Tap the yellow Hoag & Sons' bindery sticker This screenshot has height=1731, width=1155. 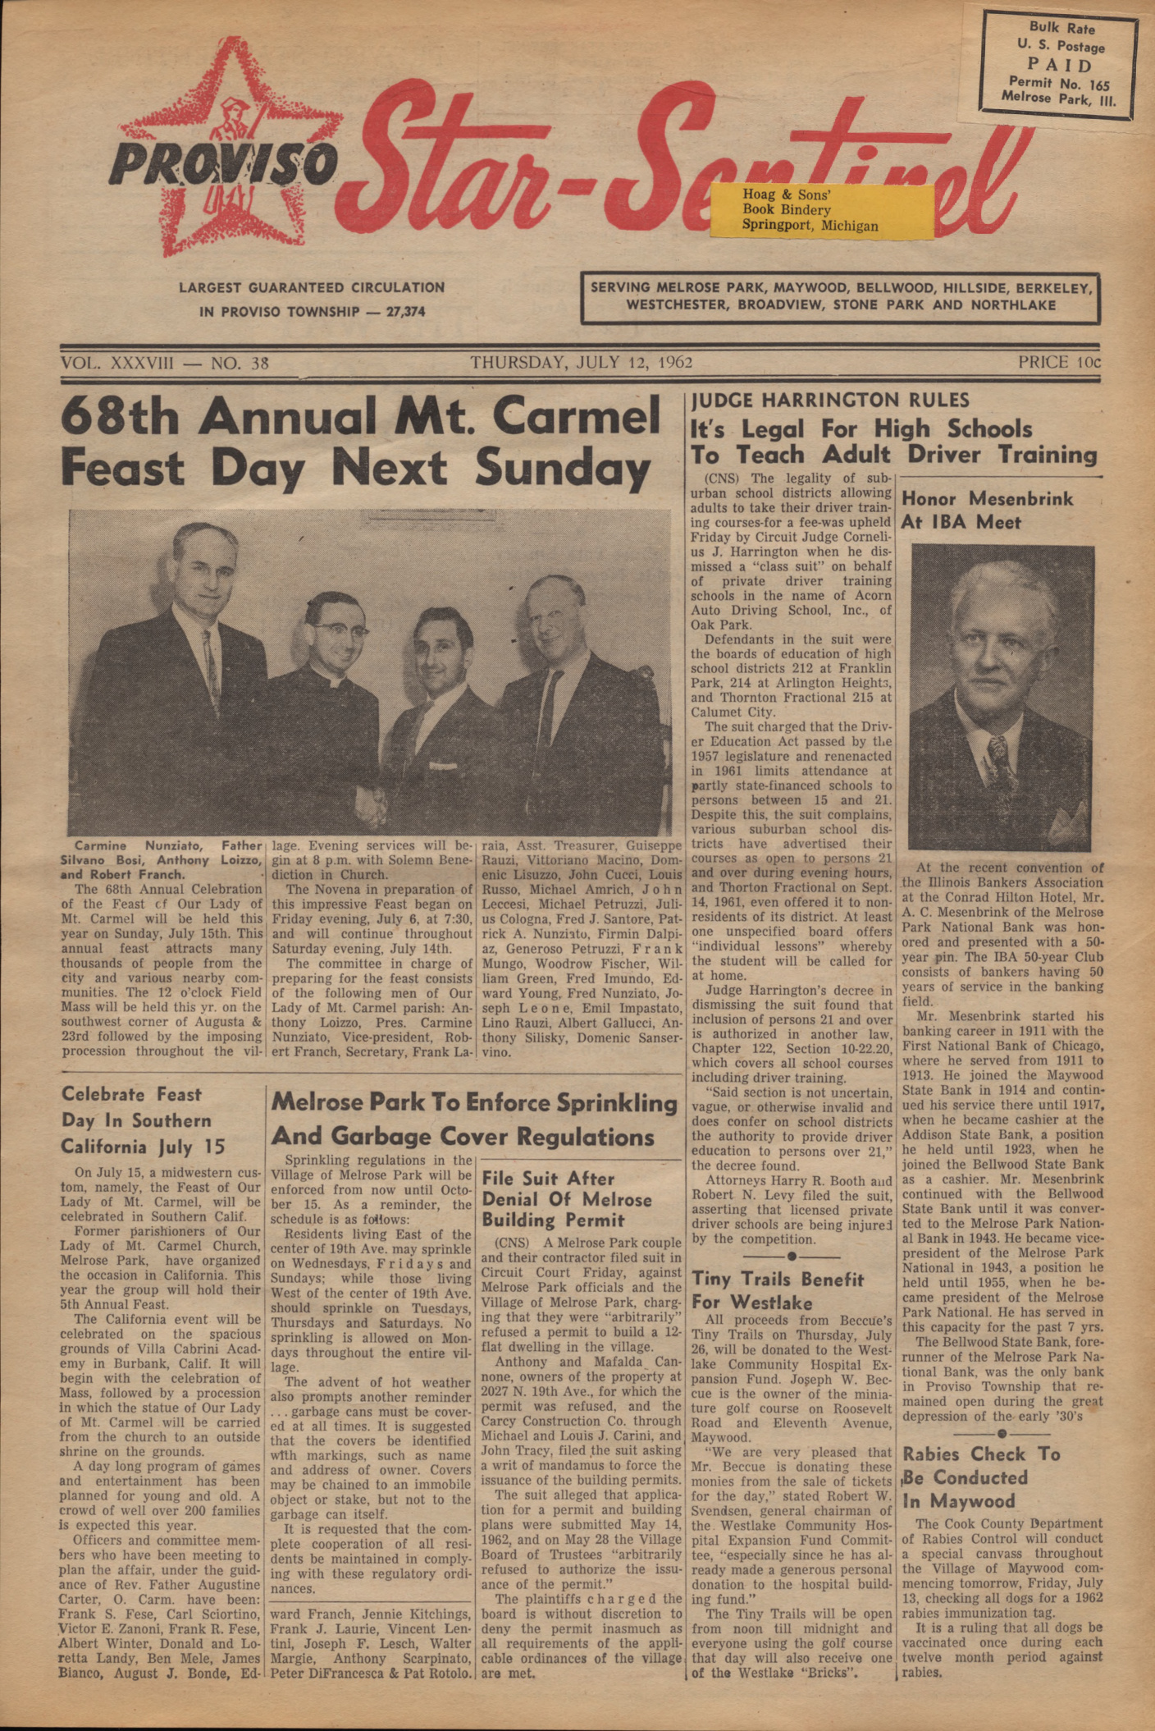coord(822,210)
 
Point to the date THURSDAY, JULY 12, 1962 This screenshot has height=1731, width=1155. coord(582,363)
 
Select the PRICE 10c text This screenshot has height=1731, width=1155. coord(1059,362)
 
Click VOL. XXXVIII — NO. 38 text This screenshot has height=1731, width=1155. coord(164,363)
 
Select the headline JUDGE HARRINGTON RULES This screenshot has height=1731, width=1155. coord(830,401)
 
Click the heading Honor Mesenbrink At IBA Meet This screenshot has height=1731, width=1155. coord(986,510)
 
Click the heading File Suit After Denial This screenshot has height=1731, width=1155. coord(566,1199)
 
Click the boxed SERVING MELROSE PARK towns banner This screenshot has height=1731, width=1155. coord(840,297)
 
